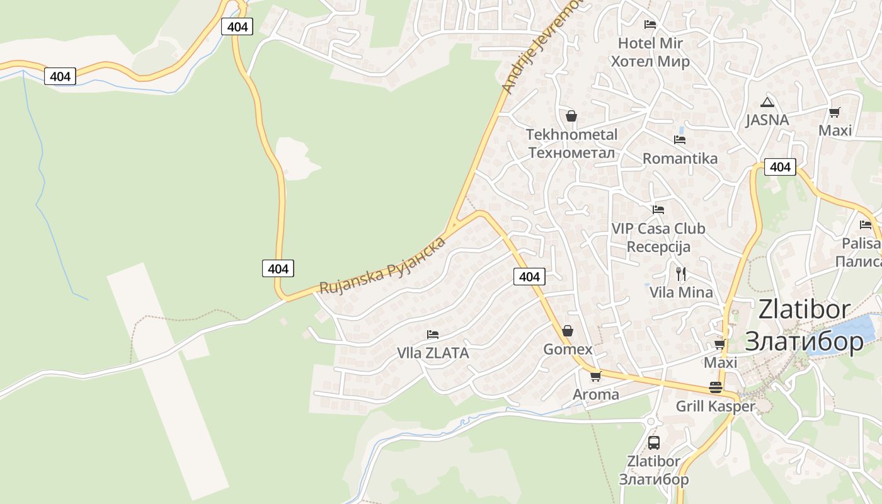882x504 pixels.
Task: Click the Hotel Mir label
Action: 650,43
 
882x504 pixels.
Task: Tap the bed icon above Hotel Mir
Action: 650,25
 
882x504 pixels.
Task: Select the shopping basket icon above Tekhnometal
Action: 571,116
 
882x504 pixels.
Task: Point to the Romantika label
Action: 680,158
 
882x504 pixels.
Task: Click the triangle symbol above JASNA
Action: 767,102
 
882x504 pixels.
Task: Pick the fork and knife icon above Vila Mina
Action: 680,273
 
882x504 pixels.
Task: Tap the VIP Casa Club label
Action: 658,229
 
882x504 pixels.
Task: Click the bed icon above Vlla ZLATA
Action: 433,335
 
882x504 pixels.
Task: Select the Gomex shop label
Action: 568,349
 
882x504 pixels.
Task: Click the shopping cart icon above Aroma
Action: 595,377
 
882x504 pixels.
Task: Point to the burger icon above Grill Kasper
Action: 715,387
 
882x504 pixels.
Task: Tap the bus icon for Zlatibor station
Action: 654,442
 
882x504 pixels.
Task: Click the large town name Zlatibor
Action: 804,310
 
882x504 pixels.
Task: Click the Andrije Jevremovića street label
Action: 541,50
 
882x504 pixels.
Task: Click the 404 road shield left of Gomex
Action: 529,277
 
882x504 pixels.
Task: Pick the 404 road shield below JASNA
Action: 780,167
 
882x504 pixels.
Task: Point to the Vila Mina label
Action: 681,292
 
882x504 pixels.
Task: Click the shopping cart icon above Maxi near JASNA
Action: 835,113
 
